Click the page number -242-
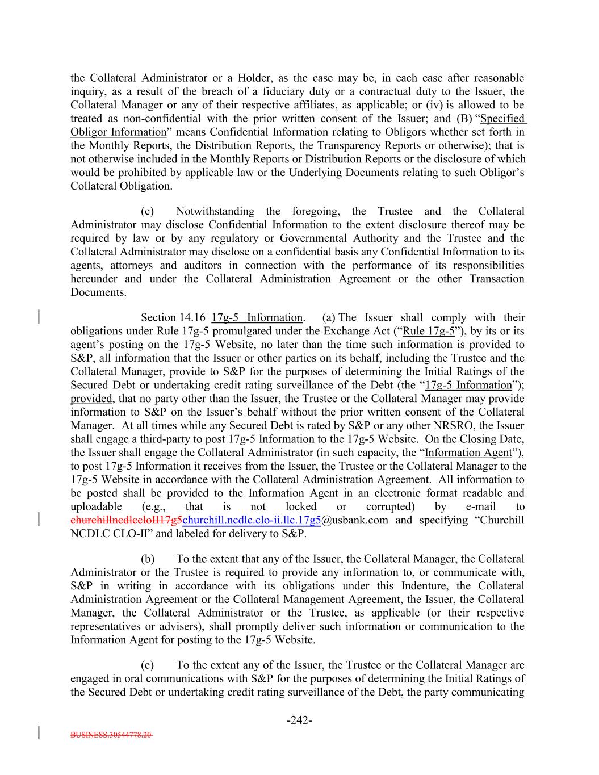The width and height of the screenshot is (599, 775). (299, 720)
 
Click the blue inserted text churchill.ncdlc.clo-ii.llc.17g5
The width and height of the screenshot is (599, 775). (252, 520)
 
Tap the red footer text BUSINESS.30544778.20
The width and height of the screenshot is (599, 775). (111, 734)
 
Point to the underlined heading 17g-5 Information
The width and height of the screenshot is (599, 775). (257, 317)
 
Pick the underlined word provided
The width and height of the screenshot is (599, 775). (91, 399)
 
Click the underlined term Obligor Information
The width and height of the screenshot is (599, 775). (118, 132)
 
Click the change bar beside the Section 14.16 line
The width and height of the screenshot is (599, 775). (39, 316)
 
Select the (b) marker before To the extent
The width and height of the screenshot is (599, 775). (147, 559)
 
